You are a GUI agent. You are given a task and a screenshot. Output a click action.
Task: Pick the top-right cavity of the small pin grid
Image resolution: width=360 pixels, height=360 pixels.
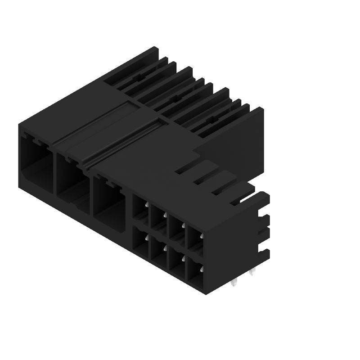pyautogui.click(x=194, y=238)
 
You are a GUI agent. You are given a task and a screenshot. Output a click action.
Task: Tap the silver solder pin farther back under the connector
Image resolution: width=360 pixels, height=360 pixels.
pyautogui.click(x=252, y=272)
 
